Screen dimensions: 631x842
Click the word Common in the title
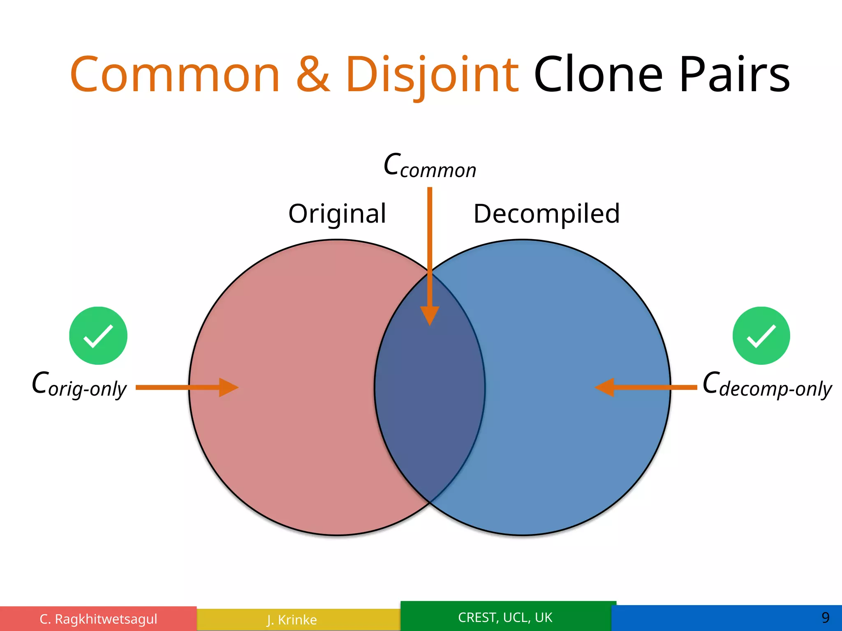[175, 75]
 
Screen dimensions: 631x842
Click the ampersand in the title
[313, 75]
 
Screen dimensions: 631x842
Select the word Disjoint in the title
[432, 75]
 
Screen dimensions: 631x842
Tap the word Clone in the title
[598, 75]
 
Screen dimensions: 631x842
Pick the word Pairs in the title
[735, 75]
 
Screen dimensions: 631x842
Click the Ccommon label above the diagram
[430, 166]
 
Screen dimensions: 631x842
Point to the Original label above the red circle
[337, 214]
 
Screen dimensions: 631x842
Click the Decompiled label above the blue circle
[546, 214]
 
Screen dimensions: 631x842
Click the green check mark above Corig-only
[98, 336]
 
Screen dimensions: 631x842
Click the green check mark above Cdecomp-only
[761, 336]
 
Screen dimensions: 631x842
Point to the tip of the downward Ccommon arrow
[430, 324]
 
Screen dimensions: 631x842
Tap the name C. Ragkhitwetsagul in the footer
[98, 619]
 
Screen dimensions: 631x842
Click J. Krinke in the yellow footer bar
[292, 619]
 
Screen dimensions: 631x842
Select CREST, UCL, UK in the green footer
[505, 617]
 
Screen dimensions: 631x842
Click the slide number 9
[825, 617]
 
